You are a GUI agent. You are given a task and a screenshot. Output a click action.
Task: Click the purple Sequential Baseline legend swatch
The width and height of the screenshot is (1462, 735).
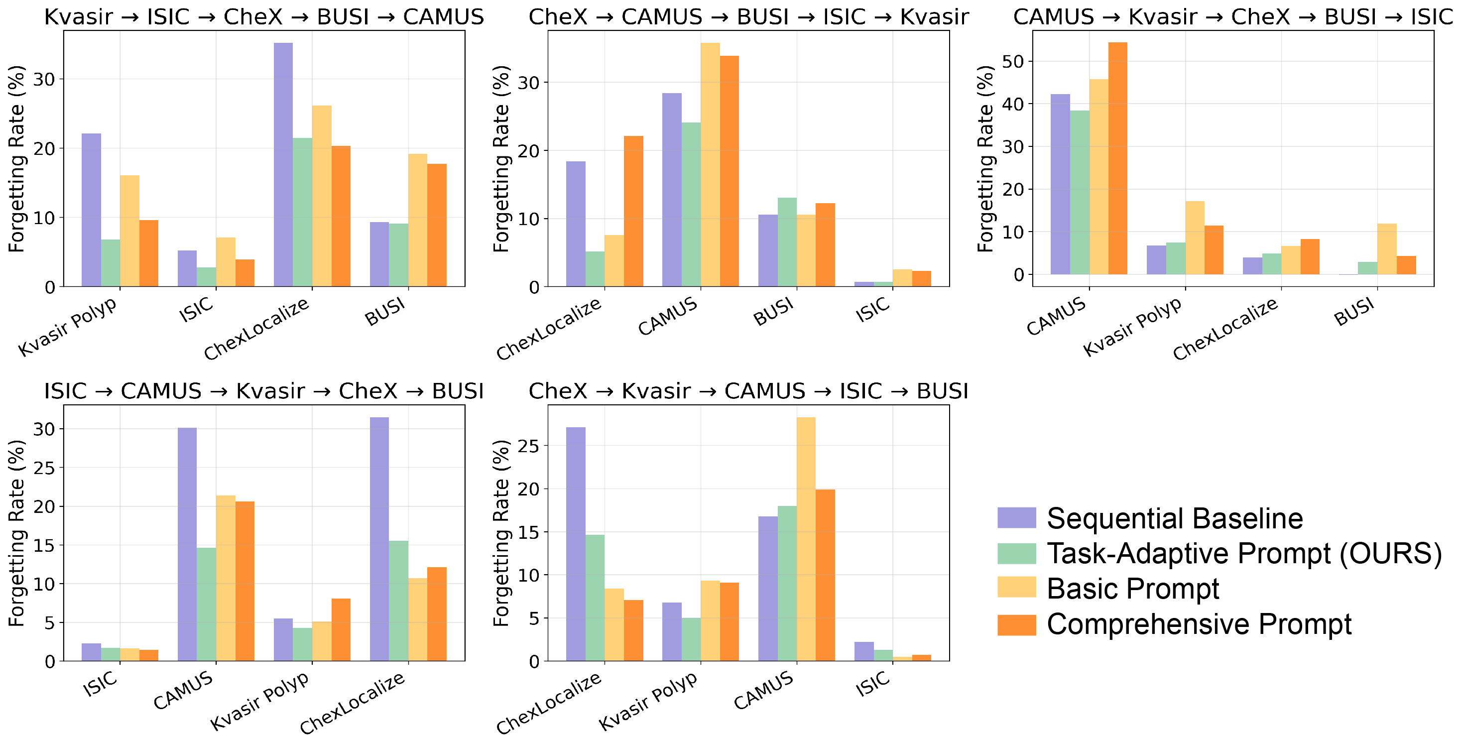(1016, 517)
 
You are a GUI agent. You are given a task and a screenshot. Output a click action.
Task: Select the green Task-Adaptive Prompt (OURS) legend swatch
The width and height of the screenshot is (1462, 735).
(1016, 553)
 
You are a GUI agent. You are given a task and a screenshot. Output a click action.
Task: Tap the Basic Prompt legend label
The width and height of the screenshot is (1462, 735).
(1132, 588)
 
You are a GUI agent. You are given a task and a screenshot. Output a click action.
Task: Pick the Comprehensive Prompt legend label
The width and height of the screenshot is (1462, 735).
(1199, 624)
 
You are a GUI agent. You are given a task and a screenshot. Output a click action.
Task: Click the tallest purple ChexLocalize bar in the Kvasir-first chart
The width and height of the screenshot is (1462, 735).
(283, 165)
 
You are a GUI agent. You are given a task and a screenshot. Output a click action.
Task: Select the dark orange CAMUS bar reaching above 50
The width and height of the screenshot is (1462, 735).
(1117, 158)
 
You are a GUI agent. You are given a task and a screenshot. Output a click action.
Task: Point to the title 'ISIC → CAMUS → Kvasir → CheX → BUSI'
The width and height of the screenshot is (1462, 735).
(264, 391)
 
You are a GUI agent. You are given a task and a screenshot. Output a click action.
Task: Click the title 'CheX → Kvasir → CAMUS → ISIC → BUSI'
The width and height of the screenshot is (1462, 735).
(748, 391)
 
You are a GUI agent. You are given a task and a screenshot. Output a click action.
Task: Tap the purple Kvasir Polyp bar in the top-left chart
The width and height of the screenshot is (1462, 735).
(92, 210)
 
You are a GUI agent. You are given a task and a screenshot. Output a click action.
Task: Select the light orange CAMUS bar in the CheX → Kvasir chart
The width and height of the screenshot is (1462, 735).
(806, 539)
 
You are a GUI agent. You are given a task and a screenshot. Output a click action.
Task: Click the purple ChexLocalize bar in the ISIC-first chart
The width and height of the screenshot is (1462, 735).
(379, 539)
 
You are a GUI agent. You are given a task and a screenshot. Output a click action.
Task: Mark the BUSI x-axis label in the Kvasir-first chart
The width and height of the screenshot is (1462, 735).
(385, 312)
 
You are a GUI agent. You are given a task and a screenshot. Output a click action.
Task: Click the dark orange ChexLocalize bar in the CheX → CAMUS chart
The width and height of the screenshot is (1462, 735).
(633, 211)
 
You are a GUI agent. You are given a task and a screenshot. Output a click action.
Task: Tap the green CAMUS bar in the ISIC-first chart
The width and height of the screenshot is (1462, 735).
(206, 604)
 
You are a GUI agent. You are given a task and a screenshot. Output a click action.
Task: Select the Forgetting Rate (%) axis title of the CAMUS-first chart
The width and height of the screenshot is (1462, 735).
(985, 159)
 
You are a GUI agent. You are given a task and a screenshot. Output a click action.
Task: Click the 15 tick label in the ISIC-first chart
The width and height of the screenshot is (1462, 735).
(45, 545)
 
